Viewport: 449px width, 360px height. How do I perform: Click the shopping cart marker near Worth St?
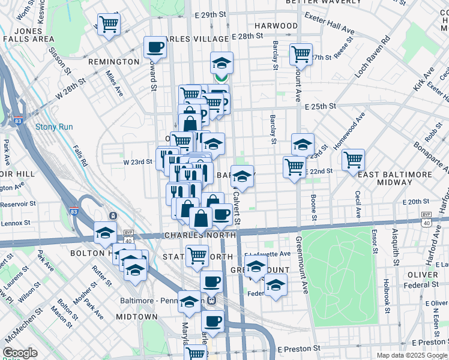tap(109, 25)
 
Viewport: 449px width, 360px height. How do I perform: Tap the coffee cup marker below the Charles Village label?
tap(154, 47)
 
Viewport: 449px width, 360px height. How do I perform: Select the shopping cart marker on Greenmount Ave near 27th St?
tap(301, 54)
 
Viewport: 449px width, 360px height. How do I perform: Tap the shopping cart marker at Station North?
tap(197, 256)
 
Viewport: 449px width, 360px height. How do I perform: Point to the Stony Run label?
tap(54, 127)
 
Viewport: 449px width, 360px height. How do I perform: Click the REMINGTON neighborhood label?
tap(114, 62)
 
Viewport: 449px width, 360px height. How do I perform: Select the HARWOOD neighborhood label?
tap(276, 26)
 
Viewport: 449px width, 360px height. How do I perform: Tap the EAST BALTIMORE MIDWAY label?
tap(403, 179)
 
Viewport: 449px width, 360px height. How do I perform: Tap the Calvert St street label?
tap(237, 208)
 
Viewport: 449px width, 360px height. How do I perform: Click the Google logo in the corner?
tap(20, 353)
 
